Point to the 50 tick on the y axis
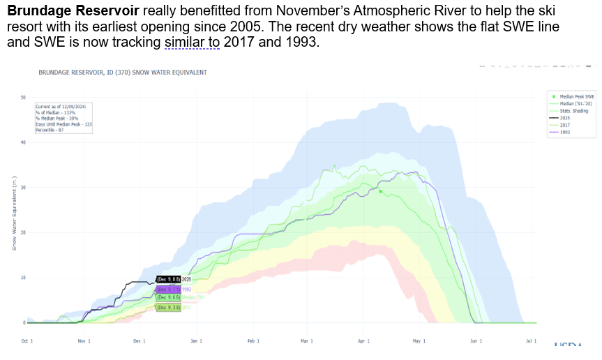(23, 98)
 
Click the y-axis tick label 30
(23, 188)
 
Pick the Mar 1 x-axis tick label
(307, 341)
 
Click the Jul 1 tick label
(531, 341)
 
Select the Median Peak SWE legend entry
(576, 96)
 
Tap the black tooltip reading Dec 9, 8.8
(168, 279)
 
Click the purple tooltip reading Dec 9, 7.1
(168, 289)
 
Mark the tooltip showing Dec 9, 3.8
(168, 307)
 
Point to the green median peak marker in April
(380, 190)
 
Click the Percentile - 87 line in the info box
(50, 130)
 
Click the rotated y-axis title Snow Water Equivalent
(14, 213)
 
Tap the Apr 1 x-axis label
(363, 341)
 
